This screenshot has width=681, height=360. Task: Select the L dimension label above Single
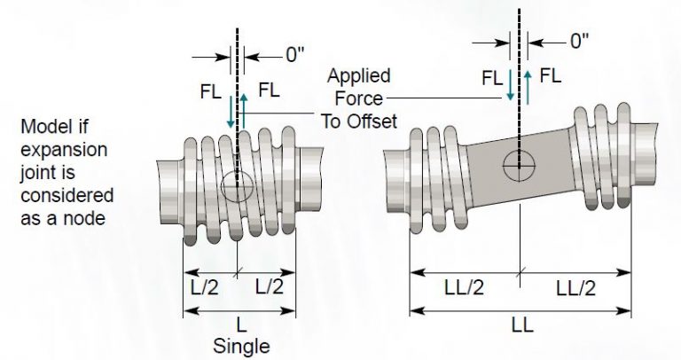coord(239,325)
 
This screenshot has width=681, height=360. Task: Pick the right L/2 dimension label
coord(270,286)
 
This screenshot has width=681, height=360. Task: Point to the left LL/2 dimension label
coord(465,287)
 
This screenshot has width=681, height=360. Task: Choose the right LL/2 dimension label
coord(575,287)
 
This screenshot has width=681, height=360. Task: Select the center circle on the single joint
coord(238,186)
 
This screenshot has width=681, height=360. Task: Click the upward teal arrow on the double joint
coord(528,87)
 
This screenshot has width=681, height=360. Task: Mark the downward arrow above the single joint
coord(230,111)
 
